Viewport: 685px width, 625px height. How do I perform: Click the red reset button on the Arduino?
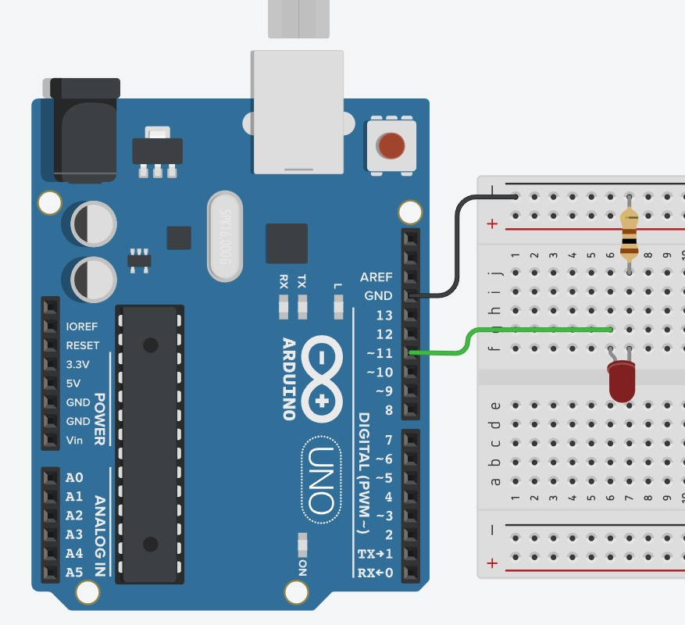(x=391, y=145)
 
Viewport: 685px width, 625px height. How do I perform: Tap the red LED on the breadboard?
(x=622, y=381)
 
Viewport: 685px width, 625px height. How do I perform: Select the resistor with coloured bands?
(x=629, y=234)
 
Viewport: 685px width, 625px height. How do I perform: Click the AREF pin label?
(x=376, y=277)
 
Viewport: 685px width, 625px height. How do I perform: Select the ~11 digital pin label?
(x=380, y=353)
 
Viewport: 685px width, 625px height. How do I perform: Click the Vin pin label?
(x=75, y=440)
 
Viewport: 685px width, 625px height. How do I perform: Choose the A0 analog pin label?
(x=74, y=477)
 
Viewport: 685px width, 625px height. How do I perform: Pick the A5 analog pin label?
(x=74, y=572)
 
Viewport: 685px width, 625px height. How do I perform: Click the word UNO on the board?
(x=320, y=480)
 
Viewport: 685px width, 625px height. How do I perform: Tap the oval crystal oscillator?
(x=225, y=235)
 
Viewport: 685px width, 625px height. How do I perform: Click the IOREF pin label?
(x=83, y=327)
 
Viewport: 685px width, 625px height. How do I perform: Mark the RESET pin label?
(x=83, y=345)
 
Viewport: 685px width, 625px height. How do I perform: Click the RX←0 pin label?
(x=376, y=573)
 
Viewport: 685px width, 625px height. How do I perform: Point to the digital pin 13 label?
(x=384, y=316)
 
